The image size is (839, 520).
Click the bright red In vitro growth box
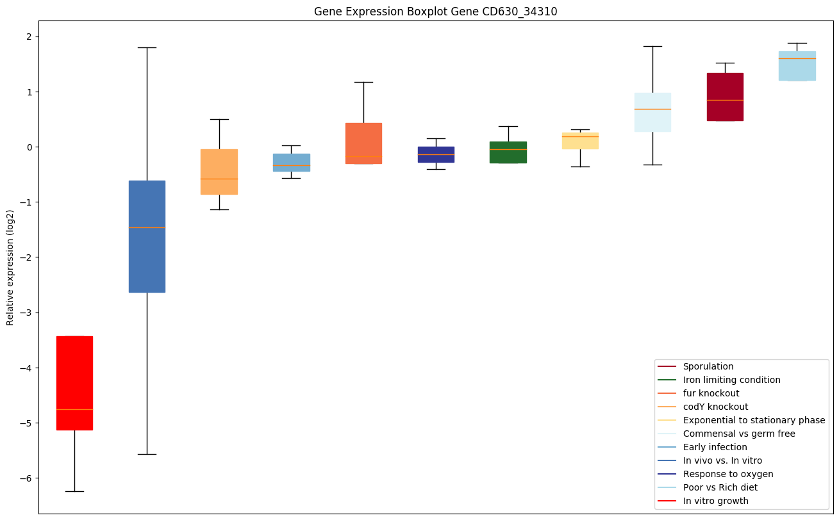coord(74,382)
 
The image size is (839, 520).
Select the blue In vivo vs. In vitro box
coord(147,236)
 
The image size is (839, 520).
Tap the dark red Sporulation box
coord(725,97)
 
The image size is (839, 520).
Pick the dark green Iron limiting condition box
coord(508,152)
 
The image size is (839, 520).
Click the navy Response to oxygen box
coord(436,154)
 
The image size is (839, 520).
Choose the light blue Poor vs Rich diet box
coord(797,66)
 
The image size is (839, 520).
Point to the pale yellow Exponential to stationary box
coord(580,141)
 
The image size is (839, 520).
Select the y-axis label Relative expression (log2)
coord(10,267)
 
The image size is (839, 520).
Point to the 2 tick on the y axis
coord(29,37)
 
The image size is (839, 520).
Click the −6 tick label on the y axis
coord(26,478)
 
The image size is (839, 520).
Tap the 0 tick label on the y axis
coord(29,147)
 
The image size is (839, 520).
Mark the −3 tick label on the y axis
coord(26,313)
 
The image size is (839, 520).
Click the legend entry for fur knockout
coord(711,393)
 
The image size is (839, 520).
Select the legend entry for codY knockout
coord(715,407)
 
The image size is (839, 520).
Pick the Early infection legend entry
coord(715,447)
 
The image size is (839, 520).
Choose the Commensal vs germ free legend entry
coord(738,434)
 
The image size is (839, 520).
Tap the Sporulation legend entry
coord(708,366)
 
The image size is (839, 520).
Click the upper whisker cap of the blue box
coord(147,47)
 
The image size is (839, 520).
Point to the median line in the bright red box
coord(74,409)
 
